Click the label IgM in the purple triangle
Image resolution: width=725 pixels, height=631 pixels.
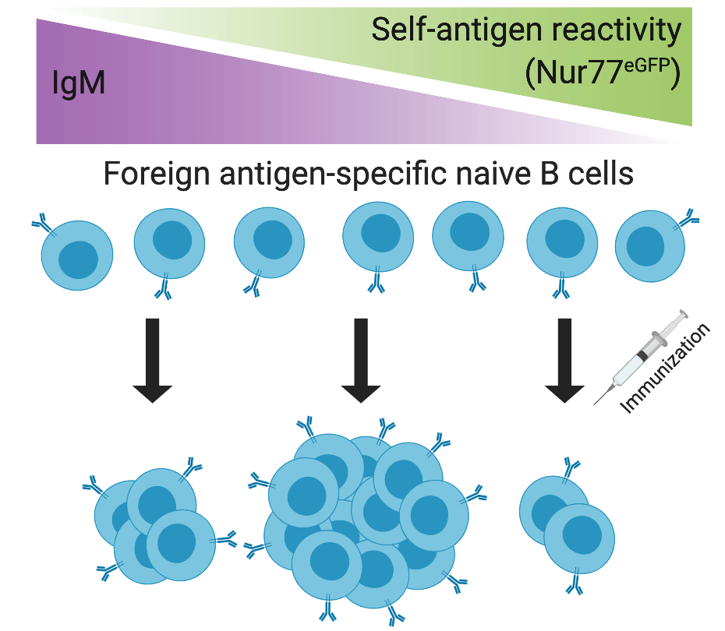[78, 80]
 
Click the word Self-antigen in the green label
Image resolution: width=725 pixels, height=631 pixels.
[441, 32]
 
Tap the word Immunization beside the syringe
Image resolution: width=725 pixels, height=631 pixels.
[666, 369]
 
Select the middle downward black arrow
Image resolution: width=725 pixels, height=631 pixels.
[359, 359]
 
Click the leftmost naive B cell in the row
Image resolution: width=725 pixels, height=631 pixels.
[77, 254]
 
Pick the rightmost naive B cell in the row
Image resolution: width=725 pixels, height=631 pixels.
[649, 248]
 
